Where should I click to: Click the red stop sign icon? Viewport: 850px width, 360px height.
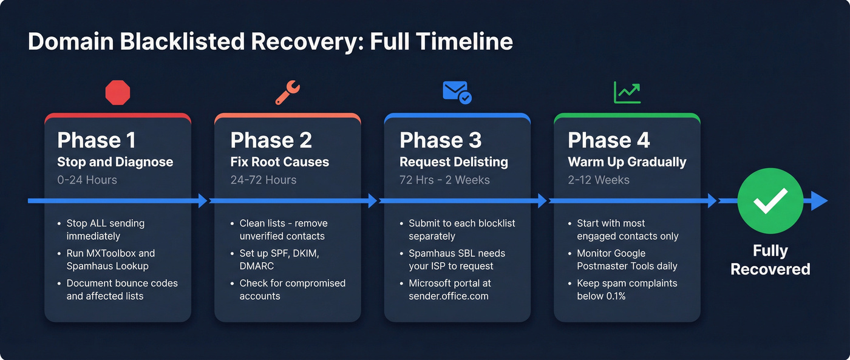click(118, 93)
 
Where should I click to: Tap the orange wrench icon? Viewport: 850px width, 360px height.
click(287, 93)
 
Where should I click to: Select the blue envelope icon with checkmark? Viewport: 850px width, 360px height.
click(457, 92)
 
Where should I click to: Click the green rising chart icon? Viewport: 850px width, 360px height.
click(627, 92)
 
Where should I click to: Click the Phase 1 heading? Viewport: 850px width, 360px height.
click(96, 140)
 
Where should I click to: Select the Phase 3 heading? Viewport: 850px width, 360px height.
click(440, 140)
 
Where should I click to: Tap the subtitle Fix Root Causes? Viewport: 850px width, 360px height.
click(279, 162)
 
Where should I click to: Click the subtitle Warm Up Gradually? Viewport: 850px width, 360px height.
click(627, 162)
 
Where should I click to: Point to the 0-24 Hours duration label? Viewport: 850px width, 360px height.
click(87, 180)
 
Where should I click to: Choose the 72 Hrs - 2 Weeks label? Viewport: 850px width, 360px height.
click(444, 180)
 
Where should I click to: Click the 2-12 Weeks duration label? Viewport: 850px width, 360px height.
click(599, 180)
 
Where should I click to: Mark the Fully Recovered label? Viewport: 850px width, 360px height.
click(770, 260)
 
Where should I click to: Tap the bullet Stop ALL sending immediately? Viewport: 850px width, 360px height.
click(105, 229)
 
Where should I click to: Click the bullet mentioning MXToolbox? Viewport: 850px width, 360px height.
click(110, 259)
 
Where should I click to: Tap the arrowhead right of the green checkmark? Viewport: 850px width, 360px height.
click(820, 201)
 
